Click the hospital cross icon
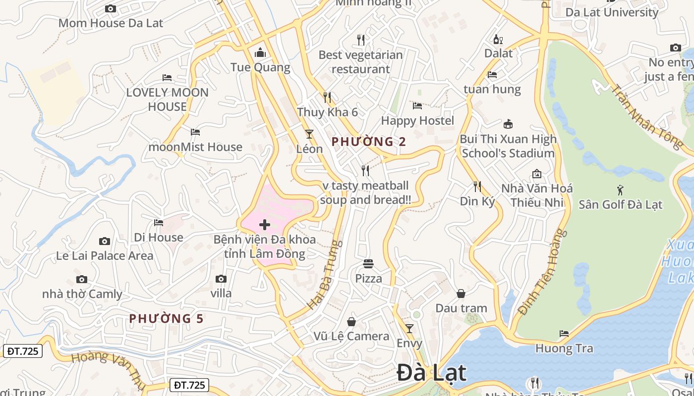[265, 225]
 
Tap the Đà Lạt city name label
[432, 373]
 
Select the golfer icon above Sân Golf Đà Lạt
[620, 190]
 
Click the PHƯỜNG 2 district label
[369, 142]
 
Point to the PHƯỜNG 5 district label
[167, 319]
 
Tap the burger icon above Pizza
[368, 264]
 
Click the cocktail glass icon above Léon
[309, 134]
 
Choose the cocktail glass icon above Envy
[409, 328]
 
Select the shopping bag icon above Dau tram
[461, 294]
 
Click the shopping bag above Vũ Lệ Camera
[351, 322]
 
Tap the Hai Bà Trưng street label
[325, 275]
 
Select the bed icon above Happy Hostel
[417, 106]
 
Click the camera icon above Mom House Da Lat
[111, 8]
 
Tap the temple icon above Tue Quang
[260, 52]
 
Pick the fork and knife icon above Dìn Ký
[477, 187]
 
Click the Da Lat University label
[612, 12]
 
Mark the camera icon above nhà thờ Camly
[82, 279]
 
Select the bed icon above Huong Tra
[564, 334]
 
